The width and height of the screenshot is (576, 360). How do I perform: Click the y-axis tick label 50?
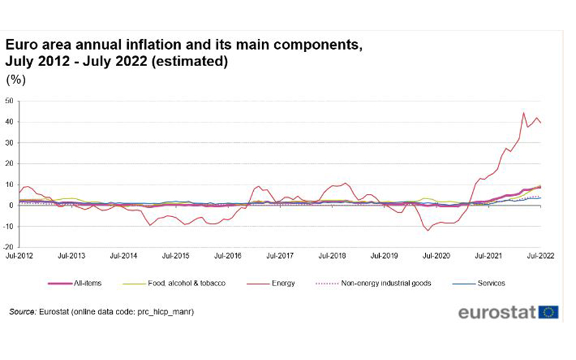pos(8,101)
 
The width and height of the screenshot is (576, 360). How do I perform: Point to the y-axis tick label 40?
pos(8,122)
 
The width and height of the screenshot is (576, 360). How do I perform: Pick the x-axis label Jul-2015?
pos(176,256)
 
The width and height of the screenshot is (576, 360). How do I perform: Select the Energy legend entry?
pos(283,283)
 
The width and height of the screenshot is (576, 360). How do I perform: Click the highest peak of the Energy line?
pos(523,113)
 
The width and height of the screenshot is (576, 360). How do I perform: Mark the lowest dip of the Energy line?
pos(428,230)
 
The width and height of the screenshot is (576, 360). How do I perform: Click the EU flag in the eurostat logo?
pos(548,312)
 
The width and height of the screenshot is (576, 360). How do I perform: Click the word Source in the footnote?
pos(22,313)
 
